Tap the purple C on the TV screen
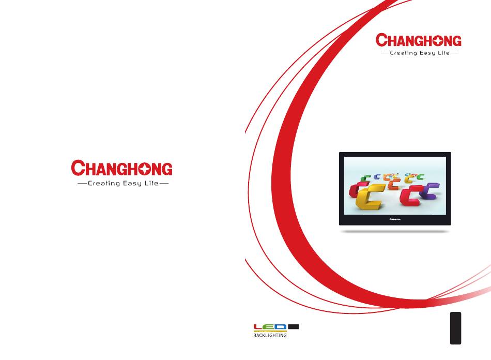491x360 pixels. click(428, 191)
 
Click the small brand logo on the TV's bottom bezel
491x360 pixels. click(395, 219)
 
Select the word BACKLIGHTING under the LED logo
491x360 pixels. click(270, 335)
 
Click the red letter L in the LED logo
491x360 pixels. click(258, 327)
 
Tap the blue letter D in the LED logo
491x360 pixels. click(281, 327)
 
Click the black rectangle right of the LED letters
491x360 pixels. click(294, 327)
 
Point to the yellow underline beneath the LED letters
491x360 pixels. click(270, 331)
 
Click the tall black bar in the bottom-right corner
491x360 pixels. click(456, 328)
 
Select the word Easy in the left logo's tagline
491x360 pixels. click(132, 183)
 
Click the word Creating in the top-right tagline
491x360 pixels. click(403, 53)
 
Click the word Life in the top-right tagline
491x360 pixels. click(444, 53)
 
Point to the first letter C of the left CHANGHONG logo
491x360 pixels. click(78, 168)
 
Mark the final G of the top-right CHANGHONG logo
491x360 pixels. click(455, 41)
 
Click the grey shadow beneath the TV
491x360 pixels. click(395, 232)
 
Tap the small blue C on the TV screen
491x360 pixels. click(377, 177)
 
